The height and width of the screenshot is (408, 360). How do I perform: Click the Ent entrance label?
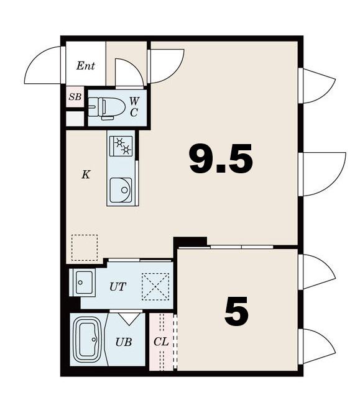tap(85, 66)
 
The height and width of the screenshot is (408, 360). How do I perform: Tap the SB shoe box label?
tap(75, 97)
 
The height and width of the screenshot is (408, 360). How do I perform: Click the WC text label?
tap(134, 107)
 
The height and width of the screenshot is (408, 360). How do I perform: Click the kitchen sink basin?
tap(121, 190)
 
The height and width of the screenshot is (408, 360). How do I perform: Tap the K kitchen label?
tap(86, 175)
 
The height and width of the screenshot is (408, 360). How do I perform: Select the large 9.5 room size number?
tap(221, 159)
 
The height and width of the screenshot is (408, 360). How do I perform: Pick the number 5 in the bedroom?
tap(236, 311)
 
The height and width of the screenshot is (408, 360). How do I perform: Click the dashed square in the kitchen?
tap(85, 248)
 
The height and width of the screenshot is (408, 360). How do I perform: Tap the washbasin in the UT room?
tap(84, 283)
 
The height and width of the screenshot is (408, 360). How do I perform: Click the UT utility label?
tap(118, 287)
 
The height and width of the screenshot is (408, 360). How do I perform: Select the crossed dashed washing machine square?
tap(155, 287)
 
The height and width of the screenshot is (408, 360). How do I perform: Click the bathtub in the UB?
tap(88, 340)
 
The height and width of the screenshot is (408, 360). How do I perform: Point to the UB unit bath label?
tap(124, 342)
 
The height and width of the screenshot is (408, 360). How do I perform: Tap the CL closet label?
tap(161, 342)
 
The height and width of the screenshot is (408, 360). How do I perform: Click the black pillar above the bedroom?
tap(190, 241)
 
